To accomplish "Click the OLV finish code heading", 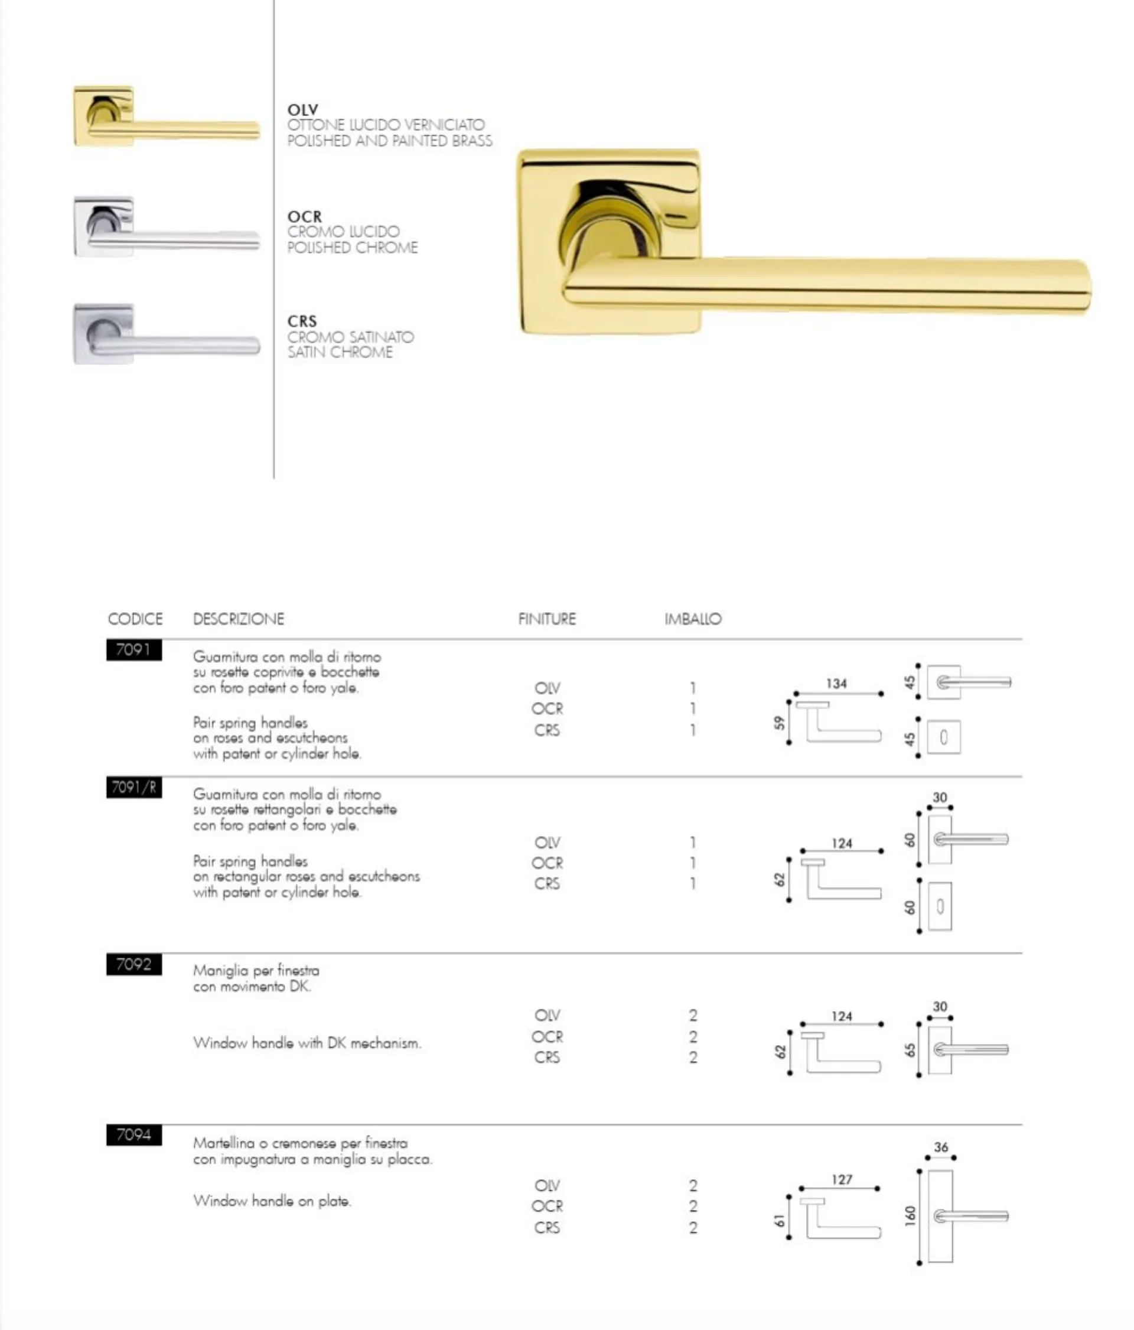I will (302, 110).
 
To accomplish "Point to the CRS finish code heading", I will (302, 321).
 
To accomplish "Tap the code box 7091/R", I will (133, 787).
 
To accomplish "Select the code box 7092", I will (133, 964).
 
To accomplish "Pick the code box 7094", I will (133, 1135).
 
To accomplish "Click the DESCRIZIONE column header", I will (238, 619).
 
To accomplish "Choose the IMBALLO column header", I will (692, 619).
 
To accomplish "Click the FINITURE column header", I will (547, 619).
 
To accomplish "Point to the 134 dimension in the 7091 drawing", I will (836, 684).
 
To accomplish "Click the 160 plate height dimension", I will (910, 1216).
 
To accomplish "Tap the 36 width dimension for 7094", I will (941, 1147).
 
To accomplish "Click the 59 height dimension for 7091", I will (779, 723).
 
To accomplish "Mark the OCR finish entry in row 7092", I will (547, 1037).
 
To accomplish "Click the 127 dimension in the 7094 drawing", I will (842, 1179).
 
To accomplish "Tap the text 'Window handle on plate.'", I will (272, 1201).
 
